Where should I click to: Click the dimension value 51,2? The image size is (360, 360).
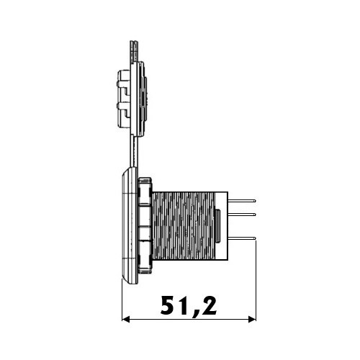click(189, 306)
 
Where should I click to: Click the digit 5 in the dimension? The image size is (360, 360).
click(168, 305)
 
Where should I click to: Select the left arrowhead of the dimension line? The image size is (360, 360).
click(126, 319)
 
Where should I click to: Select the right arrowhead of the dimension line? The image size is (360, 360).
click(252, 319)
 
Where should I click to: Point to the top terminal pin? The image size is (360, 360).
click(242, 201)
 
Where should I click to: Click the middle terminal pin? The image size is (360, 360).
click(242, 214)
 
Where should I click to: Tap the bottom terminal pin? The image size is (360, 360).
click(242, 238)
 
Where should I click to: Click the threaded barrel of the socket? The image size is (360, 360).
click(183, 226)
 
